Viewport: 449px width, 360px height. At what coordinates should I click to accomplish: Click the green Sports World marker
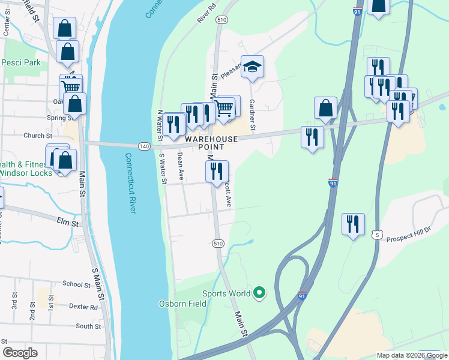pyautogui.click(x=259, y=293)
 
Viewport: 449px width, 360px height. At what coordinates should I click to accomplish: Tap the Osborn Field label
pyautogui.click(x=182, y=303)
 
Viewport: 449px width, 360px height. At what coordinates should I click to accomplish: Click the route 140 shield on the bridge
pyautogui.click(x=143, y=146)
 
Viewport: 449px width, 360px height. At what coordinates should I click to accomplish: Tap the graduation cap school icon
pyautogui.click(x=253, y=67)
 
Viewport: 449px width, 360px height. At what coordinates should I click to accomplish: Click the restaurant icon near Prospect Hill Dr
pyautogui.click(x=353, y=224)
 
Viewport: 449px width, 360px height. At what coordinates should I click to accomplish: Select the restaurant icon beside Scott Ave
pyautogui.click(x=217, y=170)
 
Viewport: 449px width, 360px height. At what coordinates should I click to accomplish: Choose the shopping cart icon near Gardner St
pyautogui.click(x=224, y=109)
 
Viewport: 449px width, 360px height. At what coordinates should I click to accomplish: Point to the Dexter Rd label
pyautogui.click(x=82, y=307)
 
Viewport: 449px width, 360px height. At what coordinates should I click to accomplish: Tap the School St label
pyautogui.click(x=76, y=284)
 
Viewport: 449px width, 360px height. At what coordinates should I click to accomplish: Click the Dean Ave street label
pyautogui.click(x=180, y=166)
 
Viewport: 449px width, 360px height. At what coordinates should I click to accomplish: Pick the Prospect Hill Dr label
pyautogui.click(x=409, y=233)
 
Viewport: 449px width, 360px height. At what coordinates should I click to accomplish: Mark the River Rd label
pyautogui.click(x=206, y=16)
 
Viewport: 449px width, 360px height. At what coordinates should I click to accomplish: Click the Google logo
pyautogui.click(x=20, y=353)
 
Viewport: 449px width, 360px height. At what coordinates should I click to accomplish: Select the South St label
pyautogui.click(x=88, y=326)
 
